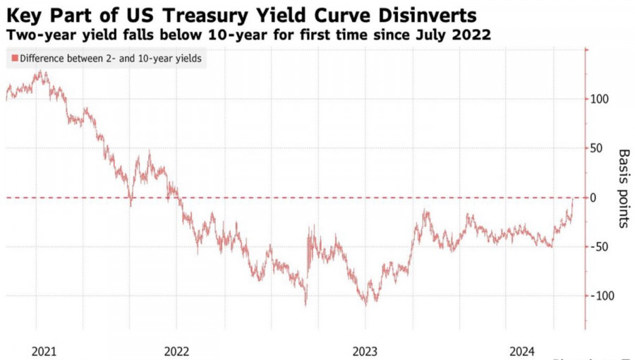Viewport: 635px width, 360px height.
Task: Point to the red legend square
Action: pos(14,59)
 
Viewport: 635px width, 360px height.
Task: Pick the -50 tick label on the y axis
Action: pos(600,247)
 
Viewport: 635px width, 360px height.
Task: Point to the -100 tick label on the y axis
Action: pos(602,296)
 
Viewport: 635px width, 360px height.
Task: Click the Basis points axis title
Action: pos(624,188)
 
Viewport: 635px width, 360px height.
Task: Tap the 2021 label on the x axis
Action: pos(44,351)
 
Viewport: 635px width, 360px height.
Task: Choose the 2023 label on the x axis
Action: pos(365,351)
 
